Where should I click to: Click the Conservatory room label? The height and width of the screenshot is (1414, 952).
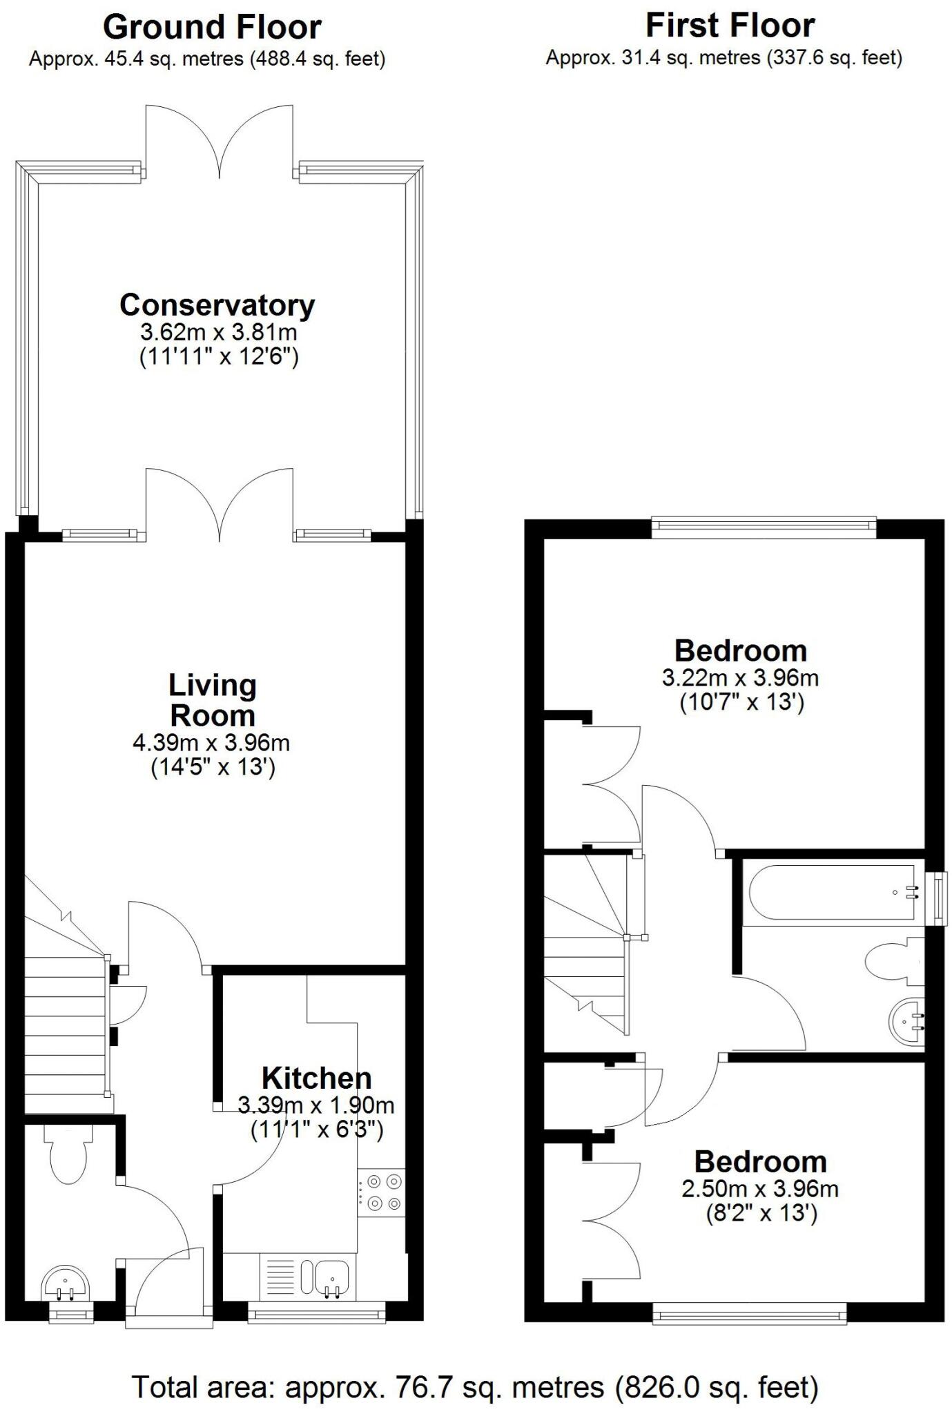[x=217, y=304]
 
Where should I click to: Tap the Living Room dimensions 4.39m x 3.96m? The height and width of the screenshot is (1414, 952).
[x=211, y=744]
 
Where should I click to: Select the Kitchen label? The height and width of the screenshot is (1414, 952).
[x=316, y=1078]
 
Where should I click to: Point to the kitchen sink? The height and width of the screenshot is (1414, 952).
[x=333, y=1272]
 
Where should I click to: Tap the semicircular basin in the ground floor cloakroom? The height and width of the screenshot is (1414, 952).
[x=66, y=1283]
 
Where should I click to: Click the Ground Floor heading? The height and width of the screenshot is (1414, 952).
[x=212, y=28]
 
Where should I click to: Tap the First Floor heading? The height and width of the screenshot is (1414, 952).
[x=730, y=26]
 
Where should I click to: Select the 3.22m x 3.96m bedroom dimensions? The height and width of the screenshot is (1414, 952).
[x=740, y=677]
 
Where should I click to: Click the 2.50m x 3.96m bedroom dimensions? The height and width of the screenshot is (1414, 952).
[x=759, y=1189]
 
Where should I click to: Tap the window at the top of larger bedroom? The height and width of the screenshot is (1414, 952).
[x=764, y=528]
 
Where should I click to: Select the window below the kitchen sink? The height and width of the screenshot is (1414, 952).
[x=317, y=1312]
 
